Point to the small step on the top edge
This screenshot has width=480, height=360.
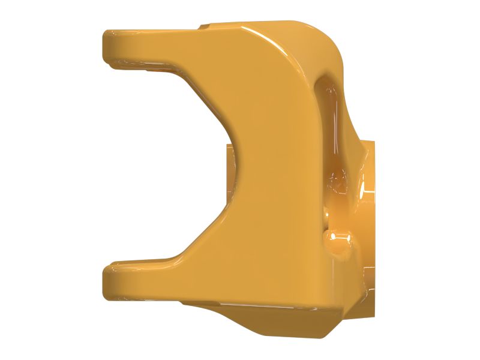pos(205,26)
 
